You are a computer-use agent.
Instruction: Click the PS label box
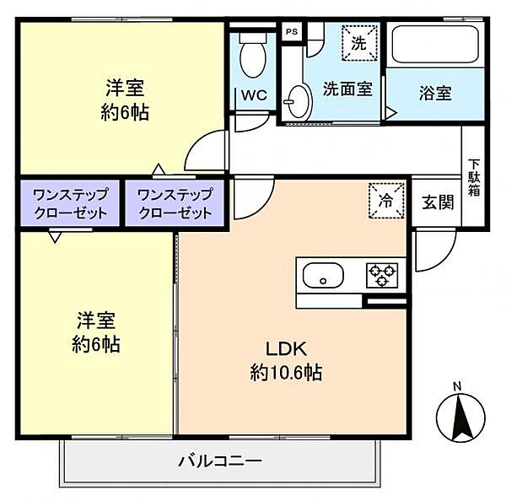pos(292,32)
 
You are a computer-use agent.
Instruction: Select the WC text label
pos(254,95)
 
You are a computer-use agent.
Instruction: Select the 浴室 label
pos(434,93)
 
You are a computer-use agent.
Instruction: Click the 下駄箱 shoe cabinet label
pos(475,178)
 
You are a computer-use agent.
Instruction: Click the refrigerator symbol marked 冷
pos(385,202)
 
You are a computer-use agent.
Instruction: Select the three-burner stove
pos(380,275)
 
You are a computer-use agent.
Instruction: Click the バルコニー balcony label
pos(219,461)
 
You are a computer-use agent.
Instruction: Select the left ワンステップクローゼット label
pos(71,203)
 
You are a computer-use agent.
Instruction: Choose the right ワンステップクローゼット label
pos(174,203)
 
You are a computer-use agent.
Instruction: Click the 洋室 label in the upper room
pos(125,88)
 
